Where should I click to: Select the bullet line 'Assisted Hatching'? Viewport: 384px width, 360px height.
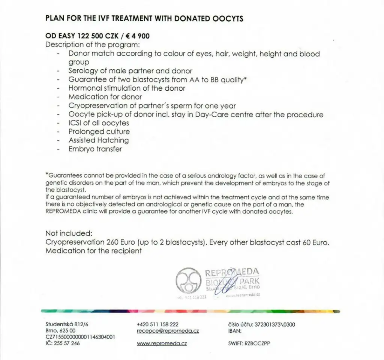(98, 140)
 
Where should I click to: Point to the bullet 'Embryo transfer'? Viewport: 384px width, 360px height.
(95, 149)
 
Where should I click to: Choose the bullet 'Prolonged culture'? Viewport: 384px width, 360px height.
(99, 132)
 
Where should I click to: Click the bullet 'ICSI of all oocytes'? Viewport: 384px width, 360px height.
(98, 123)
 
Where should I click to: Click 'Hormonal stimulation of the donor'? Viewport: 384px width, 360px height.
(127, 88)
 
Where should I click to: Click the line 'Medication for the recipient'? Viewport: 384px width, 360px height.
(93, 251)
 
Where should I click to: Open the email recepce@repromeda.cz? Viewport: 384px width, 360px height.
(168, 331)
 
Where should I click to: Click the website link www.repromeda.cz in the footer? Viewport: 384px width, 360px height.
(162, 344)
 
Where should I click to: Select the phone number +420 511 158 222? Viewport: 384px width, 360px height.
(157, 324)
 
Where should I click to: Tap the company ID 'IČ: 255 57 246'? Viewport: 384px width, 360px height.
(63, 344)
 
